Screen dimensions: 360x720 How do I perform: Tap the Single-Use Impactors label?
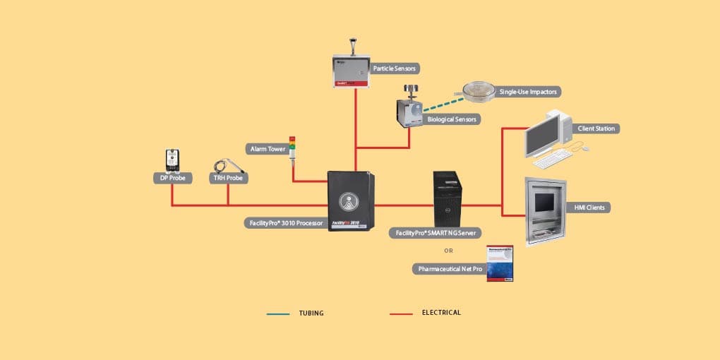529,92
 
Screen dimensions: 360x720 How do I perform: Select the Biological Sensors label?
452,119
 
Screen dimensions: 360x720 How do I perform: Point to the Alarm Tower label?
267,148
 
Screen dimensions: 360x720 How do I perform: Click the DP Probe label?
172,179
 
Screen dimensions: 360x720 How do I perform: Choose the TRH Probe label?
229,179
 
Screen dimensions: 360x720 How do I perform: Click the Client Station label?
597,128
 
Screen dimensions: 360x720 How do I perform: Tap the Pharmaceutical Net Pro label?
448,269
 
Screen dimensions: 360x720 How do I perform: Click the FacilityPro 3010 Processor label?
285,223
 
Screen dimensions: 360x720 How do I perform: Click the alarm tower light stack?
292,148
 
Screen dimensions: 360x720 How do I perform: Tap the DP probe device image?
172,159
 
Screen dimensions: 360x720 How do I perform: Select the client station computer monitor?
545,134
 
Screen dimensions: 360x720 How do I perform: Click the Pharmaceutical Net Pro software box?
500,264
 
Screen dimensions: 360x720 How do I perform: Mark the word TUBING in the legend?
311,313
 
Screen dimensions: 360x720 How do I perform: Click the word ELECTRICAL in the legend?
441,312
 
